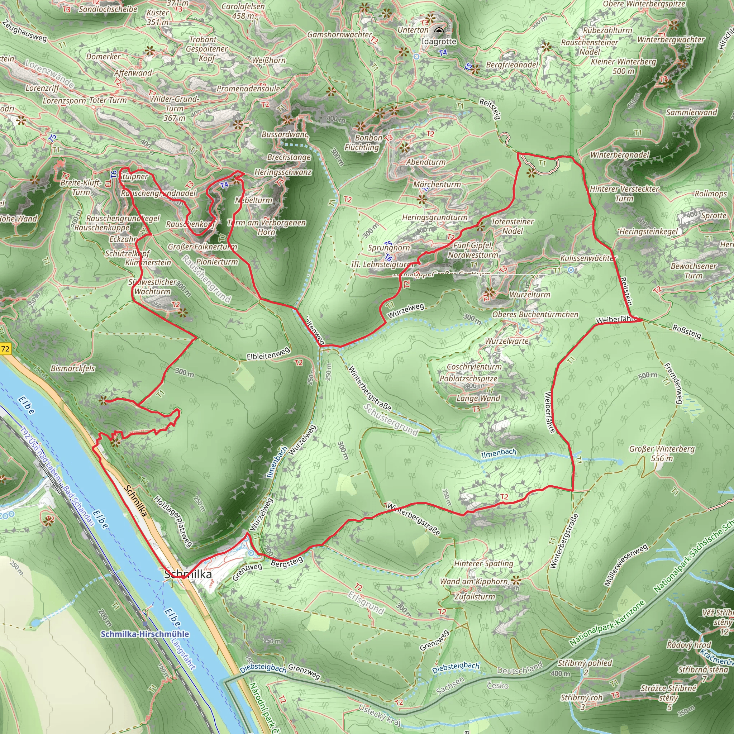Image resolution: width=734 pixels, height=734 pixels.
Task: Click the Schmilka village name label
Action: coord(188,574)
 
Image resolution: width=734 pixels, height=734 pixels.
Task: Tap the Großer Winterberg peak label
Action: coord(662,453)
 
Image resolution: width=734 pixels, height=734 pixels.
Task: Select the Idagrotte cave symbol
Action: coord(439,31)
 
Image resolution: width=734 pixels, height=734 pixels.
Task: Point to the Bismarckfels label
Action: coord(73,368)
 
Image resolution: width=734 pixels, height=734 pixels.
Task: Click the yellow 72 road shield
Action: coord(5,349)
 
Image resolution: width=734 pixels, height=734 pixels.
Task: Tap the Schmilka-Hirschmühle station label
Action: coord(145,634)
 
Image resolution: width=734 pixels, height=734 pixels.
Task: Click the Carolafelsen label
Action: coord(243,11)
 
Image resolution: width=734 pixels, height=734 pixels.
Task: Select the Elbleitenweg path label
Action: coord(268,354)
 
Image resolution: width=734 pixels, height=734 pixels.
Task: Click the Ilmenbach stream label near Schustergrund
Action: coord(499,453)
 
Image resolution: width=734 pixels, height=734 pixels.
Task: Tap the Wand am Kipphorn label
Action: coord(474,581)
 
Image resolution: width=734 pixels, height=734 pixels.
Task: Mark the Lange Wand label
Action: coord(478,398)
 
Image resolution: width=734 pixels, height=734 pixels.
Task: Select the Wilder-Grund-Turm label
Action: coord(175,108)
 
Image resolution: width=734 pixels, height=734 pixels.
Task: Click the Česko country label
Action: coord(498,685)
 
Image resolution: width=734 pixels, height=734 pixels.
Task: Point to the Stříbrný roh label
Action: coord(581,698)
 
